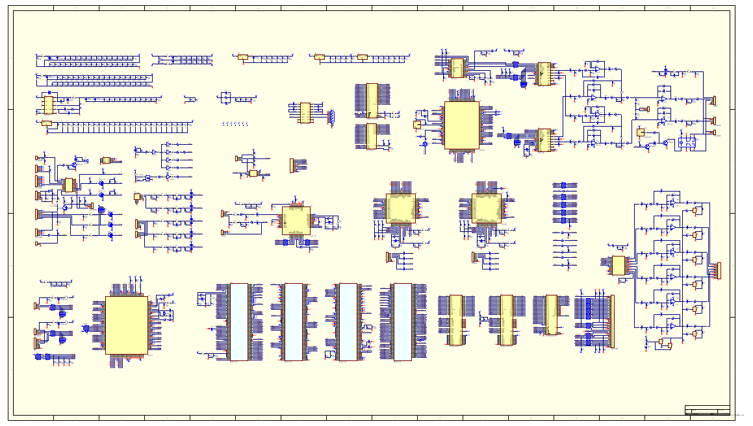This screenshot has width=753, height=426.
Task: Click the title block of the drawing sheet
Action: coord(707,410)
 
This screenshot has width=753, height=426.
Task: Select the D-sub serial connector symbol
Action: coord(331,116)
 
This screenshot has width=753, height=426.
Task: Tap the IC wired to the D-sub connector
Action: coord(305,112)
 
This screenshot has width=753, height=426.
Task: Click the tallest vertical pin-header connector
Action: coord(611,321)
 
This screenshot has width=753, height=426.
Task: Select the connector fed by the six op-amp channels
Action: coord(718,270)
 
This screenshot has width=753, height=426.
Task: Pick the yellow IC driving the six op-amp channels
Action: coord(618,265)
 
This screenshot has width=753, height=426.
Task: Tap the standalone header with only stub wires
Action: coord(292,166)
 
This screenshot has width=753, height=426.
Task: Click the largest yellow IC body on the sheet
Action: coord(127,325)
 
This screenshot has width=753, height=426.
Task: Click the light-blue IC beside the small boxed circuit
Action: coord(239,321)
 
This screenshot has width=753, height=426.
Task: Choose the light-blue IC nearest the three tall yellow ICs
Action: coord(402,321)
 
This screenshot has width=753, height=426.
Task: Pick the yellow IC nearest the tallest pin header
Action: coord(552,315)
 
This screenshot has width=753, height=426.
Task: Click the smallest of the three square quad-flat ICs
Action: coord(296,220)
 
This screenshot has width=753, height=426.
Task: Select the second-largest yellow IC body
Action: coord(461,125)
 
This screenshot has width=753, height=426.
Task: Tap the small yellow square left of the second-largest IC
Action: coord(417,124)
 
